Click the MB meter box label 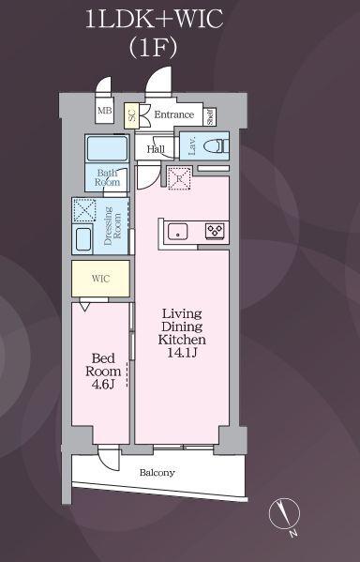pyautogui.click(x=104, y=113)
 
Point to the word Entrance pyautogui.click(x=173, y=115)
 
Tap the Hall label pyautogui.click(x=156, y=147)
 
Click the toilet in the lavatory pyautogui.click(x=216, y=146)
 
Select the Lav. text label pyautogui.click(x=191, y=145)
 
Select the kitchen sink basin pyautogui.click(x=178, y=230)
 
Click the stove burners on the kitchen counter pyautogui.click(x=215, y=230)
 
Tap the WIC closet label pyautogui.click(x=99, y=279)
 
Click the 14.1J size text pyautogui.click(x=182, y=354)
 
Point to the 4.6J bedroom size pyautogui.click(x=102, y=383)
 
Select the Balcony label pyautogui.click(x=157, y=473)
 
